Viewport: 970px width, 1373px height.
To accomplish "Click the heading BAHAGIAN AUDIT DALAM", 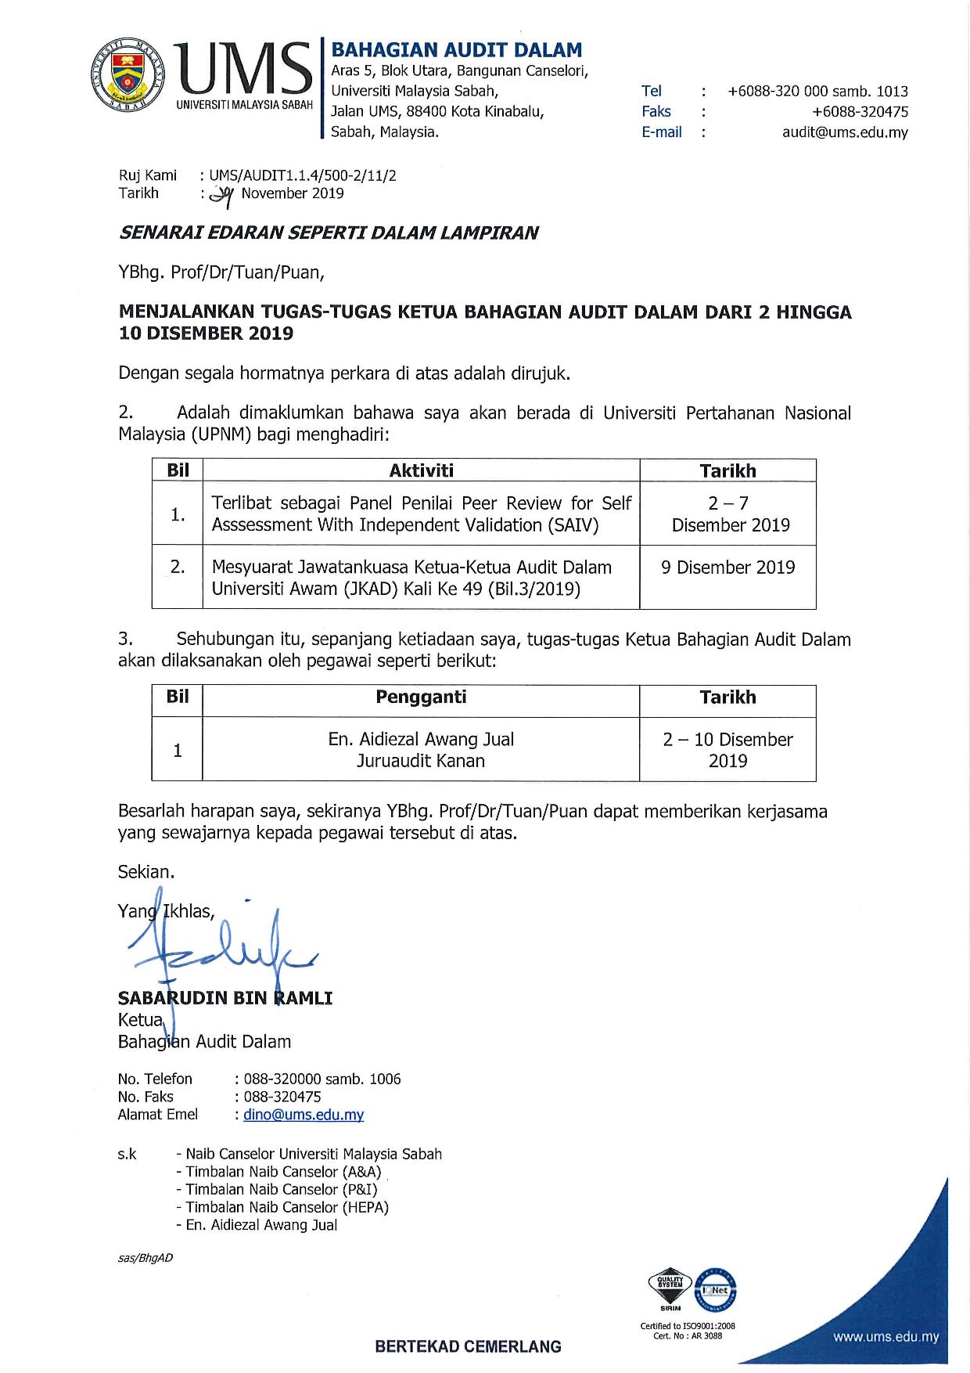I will point(457,50).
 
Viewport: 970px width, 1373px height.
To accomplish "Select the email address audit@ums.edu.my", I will point(845,132).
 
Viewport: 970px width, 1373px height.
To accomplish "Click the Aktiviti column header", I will point(421,470).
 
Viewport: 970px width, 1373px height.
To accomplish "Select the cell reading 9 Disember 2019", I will point(727,568).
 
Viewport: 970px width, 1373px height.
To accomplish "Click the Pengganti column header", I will point(421,697).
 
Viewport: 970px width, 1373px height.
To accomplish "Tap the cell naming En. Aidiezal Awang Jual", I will point(421,749).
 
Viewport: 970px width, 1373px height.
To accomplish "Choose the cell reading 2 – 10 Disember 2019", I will point(727,749).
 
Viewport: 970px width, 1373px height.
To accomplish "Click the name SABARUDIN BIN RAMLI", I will point(225,998).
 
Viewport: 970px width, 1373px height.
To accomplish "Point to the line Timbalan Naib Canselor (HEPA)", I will point(286,1207).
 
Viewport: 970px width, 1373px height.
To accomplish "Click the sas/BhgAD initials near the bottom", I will point(145,1258).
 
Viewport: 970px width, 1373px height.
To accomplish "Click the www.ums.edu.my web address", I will point(886,1338).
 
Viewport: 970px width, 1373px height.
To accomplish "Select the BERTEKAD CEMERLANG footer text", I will point(469,1347).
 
